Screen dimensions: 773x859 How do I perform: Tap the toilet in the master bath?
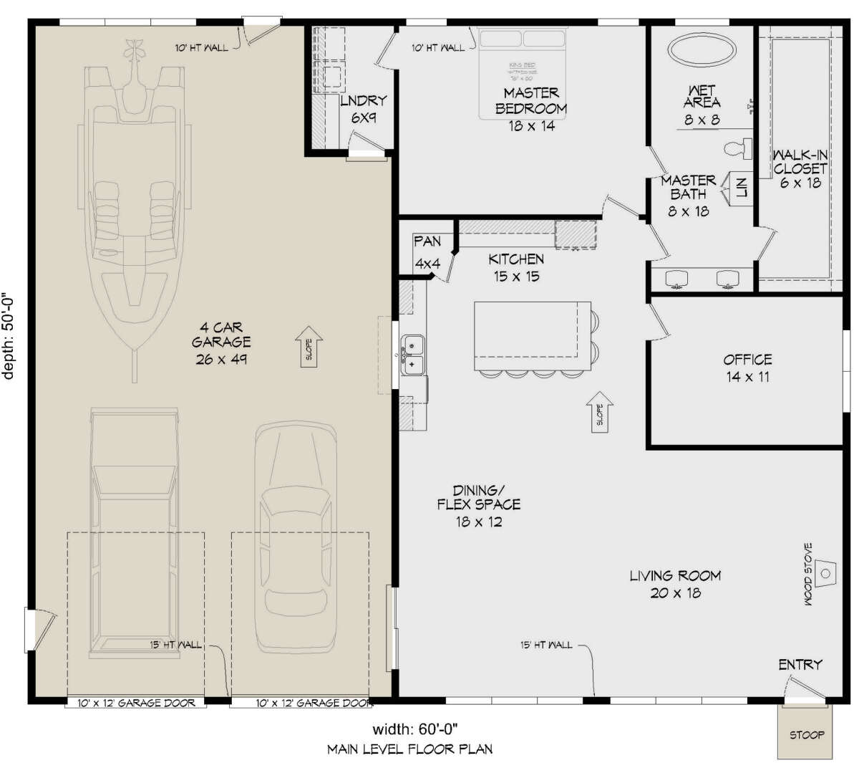(x=738, y=148)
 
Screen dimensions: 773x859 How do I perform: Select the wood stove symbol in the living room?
(x=825, y=573)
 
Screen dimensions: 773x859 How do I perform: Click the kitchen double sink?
(x=412, y=355)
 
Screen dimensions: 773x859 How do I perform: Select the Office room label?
(x=747, y=368)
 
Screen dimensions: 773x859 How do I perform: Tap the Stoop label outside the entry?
(x=807, y=734)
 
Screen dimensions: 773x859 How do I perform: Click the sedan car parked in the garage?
(x=297, y=537)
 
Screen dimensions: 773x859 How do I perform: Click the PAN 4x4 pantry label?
(x=427, y=252)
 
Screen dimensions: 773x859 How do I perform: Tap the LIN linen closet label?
(x=742, y=188)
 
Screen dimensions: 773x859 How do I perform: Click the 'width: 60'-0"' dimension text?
(x=415, y=729)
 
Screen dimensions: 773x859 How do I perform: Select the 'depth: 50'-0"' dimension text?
(x=9, y=335)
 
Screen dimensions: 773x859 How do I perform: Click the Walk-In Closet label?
(x=800, y=168)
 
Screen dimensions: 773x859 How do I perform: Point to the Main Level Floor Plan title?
(x=409, y=749)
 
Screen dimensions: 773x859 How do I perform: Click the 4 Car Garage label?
(x=221, y=342)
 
